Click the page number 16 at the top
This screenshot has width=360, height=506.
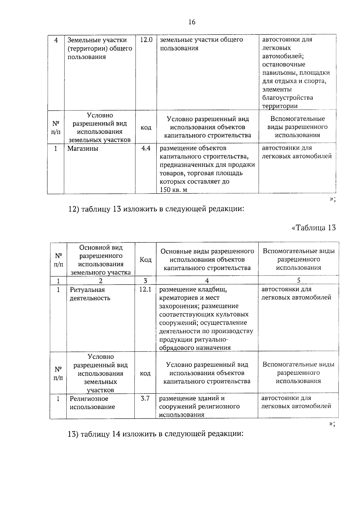point(192,22)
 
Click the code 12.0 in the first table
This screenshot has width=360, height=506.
point(146,40)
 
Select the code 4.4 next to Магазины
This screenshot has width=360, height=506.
point(146,148)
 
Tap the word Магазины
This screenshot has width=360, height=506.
point(82,148)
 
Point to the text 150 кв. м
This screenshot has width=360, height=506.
point(173,190)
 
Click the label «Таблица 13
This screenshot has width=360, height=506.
point(313,227)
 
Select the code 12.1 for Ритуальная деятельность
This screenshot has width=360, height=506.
point(145,289)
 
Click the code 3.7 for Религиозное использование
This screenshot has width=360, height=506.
point(145,399)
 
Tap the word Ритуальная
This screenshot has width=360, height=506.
point(87,290)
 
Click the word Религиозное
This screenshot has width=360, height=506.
point(89,399)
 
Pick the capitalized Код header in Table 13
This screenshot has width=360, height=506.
point(145,260)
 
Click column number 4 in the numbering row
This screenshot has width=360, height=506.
point(207,280)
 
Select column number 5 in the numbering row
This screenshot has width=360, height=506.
point(298,280)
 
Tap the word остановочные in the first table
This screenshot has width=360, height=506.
point(283,65)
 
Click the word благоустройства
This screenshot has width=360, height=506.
point(287,98)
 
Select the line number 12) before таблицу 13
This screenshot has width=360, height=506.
point(73,209)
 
